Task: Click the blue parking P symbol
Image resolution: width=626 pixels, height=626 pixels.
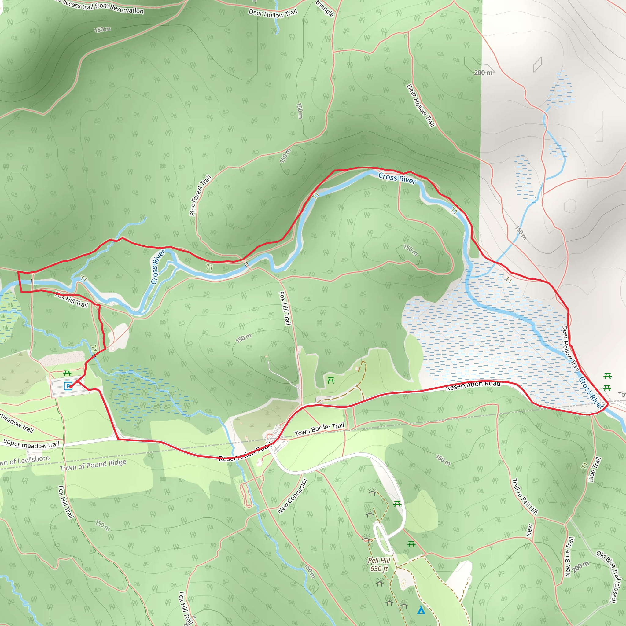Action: pos(68,386)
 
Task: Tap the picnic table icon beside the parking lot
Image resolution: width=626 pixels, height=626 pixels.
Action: pos(67,373)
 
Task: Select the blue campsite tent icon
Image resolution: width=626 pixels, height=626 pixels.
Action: pos(421,610)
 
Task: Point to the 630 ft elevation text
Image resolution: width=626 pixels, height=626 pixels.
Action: pos(379,569)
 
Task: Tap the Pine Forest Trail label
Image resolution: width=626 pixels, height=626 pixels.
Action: pos(200,195)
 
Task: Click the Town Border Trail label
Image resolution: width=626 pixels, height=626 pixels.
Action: pos(319,429)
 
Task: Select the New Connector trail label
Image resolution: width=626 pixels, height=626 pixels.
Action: pos(292,496)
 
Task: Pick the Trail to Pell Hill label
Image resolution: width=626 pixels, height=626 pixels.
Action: pos(525,497)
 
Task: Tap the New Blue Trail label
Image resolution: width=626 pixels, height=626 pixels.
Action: pos(569,557)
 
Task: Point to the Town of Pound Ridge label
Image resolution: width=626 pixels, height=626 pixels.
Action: pos(93,465)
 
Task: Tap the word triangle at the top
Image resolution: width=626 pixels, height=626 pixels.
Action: pos(325,9)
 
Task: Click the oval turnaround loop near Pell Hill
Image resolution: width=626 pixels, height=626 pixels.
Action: pos(382,538)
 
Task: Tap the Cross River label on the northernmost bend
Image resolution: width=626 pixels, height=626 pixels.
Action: pos(397,178)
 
